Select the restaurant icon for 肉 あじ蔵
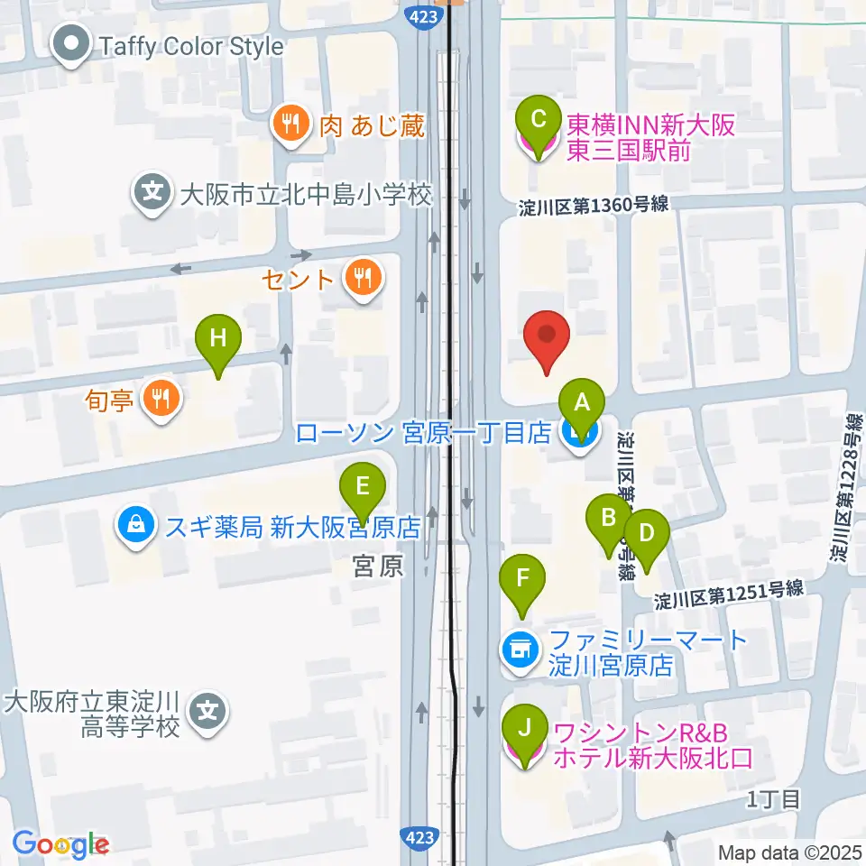tap(290, 125)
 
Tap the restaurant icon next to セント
tap(363, 278)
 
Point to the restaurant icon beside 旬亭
tap(161, 398)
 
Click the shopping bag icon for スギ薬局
tap(134, 526)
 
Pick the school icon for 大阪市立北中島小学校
tap(153, 193)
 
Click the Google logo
tap(61, 843)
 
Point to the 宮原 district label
tap(376, 566)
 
